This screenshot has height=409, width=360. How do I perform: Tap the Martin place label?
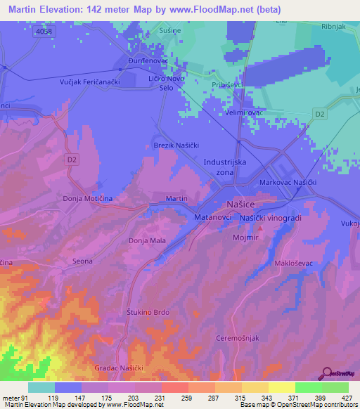tap(176, 199)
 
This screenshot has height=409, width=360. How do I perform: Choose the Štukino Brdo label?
tap(148, 312)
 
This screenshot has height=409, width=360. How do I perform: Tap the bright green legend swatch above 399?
tap(309, 387)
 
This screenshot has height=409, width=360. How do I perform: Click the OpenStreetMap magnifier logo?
tap(326, 374)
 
